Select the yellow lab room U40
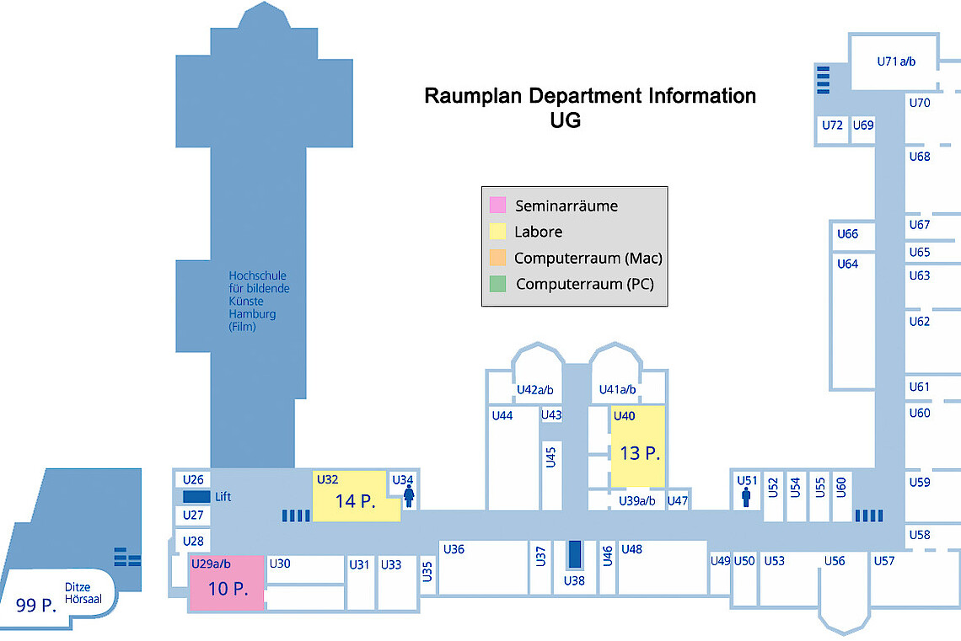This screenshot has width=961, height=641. pos(638,447)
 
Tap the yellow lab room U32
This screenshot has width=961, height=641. pos(354,497)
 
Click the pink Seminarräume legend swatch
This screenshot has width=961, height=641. pos(497,205)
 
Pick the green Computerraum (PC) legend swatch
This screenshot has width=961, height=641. pos(497,284)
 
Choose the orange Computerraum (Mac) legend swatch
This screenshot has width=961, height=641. pos(497,258)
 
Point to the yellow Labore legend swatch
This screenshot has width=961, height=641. pos(497,232)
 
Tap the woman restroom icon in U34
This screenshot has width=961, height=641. pos(409,497)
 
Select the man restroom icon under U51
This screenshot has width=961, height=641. pos(746,498)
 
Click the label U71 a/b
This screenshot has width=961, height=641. pos(896,61)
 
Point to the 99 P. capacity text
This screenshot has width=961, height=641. pos(35,604)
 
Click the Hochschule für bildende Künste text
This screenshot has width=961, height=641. pos(258,301)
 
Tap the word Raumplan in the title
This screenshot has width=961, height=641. pos(474,96)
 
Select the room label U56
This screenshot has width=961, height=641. pos(835,561)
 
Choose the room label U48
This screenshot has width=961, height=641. pos(631,549)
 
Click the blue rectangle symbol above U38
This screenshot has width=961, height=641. pos(575,554)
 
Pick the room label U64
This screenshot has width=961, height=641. pos(847,264)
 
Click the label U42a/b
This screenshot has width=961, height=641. pos(534,390)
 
